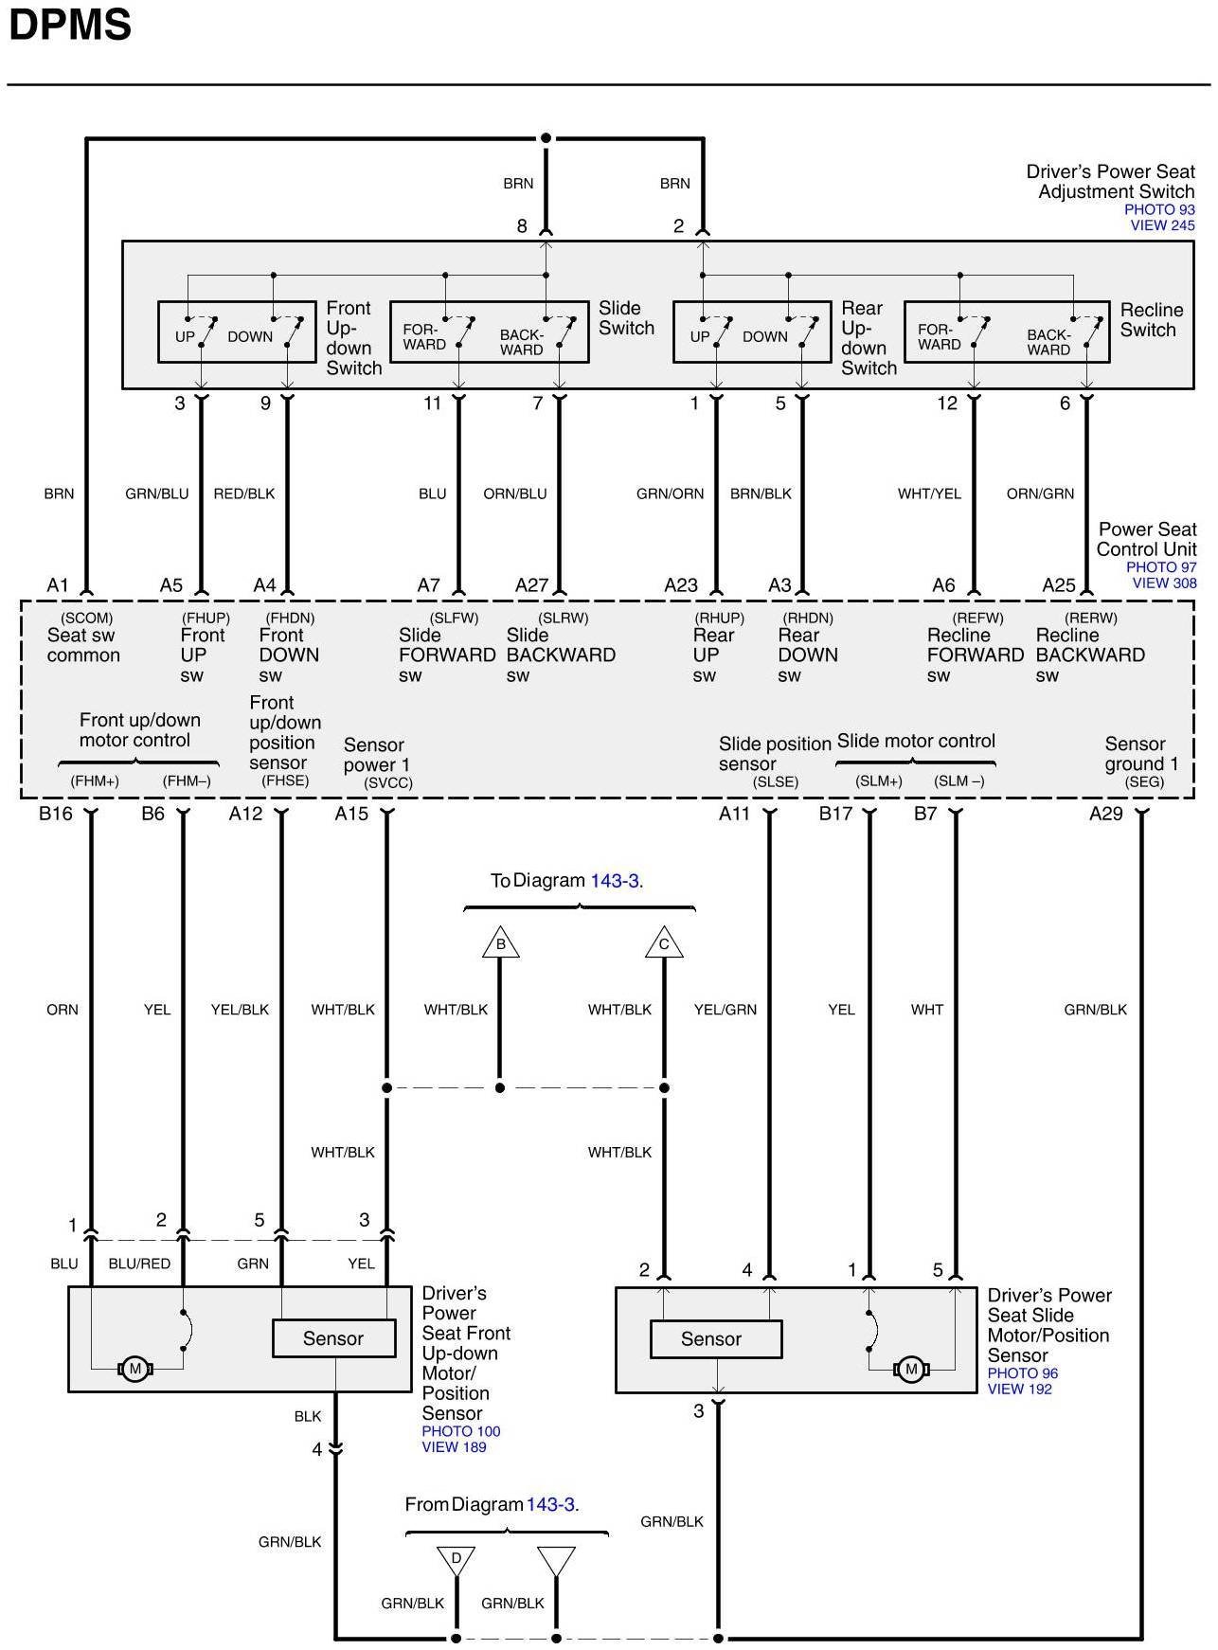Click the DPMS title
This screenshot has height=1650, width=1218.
point(70,26)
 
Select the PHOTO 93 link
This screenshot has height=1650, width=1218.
point(1159,209)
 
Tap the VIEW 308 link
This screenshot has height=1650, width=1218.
point(1164,583)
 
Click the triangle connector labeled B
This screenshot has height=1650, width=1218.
point(500,943)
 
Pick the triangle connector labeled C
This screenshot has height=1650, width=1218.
point(664,943)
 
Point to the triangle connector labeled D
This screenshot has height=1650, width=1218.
point(456,1559)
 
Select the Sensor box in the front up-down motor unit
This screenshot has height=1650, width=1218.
point(333,1338)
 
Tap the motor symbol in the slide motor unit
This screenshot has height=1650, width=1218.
point(911,1369)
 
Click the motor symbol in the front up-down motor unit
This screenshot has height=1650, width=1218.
point(134,1369)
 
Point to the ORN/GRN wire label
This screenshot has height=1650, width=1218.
point(1040,493)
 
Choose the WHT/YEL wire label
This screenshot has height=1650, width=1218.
point(929,493)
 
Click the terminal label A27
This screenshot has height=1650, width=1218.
point(531,585)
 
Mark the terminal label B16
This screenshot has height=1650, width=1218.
point(56,813)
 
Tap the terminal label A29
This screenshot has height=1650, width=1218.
point(1105,813)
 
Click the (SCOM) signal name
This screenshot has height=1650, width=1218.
point(86,618)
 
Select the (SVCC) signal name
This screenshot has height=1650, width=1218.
point(388,783)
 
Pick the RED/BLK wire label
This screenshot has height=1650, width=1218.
point(244,493)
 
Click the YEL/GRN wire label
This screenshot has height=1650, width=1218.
point(725,1010)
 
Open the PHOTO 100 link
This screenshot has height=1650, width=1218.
point(461,1431)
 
